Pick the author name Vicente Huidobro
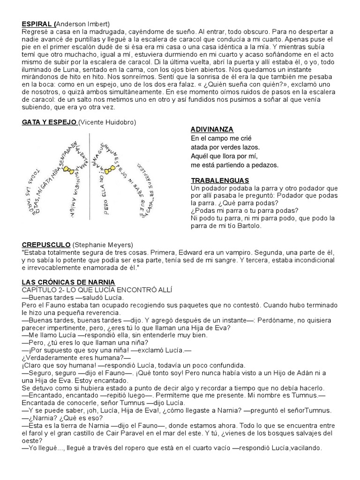tap(107, 122)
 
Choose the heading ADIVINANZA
tap(212, 129)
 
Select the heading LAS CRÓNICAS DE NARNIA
tap(68, 282)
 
